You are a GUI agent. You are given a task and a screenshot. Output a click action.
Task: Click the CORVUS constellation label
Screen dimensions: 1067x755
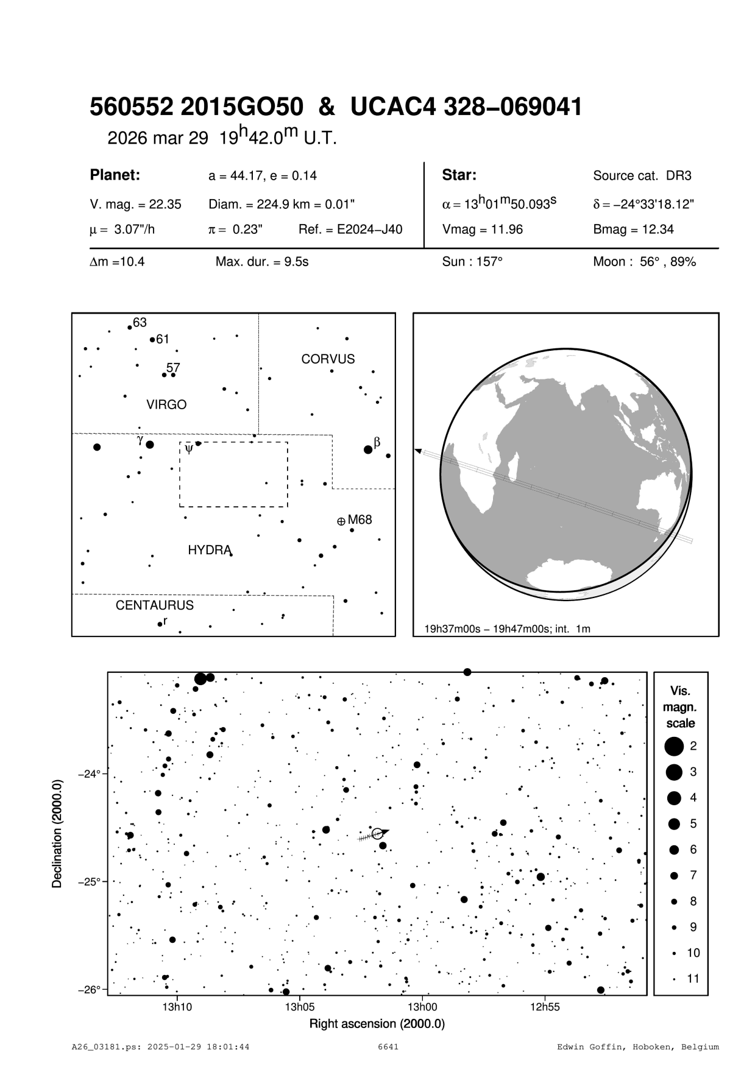click(328, 359)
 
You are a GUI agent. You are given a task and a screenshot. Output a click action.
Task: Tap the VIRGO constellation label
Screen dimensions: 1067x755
click(166, 405)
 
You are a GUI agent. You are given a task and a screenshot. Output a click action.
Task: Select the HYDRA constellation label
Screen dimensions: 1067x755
click(209, 550)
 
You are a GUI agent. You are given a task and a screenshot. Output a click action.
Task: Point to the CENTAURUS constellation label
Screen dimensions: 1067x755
click(155, 605)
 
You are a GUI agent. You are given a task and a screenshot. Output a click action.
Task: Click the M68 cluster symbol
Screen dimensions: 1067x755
click(341, 521)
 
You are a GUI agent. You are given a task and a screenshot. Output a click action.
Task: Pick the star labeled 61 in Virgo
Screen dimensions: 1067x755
click(152, 339)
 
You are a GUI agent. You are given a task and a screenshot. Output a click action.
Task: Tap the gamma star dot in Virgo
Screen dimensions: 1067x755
click(150, 445)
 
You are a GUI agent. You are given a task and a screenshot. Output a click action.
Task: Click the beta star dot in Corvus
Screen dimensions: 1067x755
click(368, 449)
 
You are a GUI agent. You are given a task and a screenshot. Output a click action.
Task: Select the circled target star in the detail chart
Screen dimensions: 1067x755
click(377, 834)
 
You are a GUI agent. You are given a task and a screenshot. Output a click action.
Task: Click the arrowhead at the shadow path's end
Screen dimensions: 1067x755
click(419, 451)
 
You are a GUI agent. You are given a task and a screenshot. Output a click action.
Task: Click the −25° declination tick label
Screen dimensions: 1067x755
click(89, 882)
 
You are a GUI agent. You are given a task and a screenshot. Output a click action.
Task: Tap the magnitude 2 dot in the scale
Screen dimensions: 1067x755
click(674, 746)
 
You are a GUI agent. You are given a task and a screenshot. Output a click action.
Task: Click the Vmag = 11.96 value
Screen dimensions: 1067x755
click(483, 230)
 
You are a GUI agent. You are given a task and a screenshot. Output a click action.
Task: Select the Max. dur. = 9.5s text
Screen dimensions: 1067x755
click(262, 262)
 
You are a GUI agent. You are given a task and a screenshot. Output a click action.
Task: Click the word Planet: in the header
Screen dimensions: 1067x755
click(115, 175)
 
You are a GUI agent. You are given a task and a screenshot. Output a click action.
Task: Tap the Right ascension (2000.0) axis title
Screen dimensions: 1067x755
click(377, 1024)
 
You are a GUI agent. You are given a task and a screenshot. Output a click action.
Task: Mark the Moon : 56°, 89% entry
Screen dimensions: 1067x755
click(644, 262)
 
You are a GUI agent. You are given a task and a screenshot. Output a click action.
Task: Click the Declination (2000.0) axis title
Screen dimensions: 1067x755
click(57, 834)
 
